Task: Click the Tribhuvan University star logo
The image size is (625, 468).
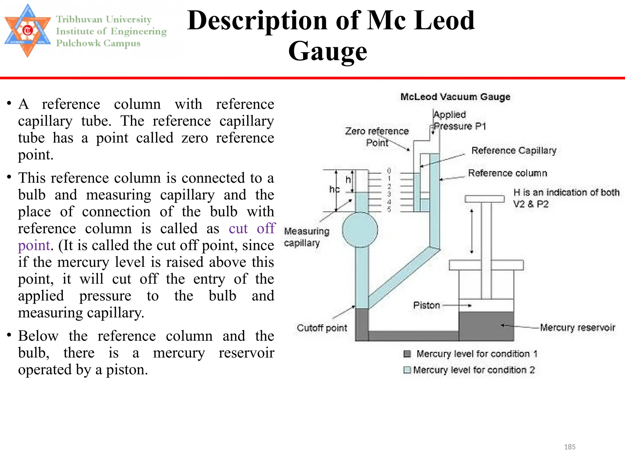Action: coord(27,30)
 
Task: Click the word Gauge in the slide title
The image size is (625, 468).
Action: coord(328,51)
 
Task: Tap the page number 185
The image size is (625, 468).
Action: coord(569,447)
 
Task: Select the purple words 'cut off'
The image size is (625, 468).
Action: coord(252,229)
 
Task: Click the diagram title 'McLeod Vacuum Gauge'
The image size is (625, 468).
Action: coord(455,97)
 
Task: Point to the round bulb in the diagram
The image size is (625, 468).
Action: coord(360,230)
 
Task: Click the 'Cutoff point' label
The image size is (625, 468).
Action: coord(322,328)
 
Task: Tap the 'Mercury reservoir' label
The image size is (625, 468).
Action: coord(577,328)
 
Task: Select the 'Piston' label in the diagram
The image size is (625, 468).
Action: coord(426,305)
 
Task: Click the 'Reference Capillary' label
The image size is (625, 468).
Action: coord(514,151)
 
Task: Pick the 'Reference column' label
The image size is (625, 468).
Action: coord(508,173)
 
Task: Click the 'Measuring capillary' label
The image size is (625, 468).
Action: coord(306,237)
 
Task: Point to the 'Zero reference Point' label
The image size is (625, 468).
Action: coord(377,137)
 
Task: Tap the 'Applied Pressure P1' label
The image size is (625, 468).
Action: coord(459,120)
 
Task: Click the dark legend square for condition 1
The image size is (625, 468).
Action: coord(407,354)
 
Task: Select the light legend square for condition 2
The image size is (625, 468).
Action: coord(407,370)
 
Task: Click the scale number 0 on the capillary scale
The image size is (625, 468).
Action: coord(389,171)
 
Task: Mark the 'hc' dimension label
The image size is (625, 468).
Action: coord(334,190)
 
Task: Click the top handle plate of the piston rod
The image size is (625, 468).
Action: coord(485,199)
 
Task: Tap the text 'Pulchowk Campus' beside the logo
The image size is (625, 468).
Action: coord(98,43)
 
